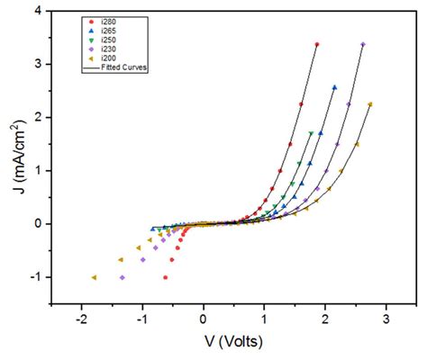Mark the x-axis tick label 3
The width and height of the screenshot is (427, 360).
386,319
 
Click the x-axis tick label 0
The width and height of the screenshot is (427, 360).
203,319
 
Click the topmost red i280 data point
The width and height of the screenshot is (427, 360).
317,44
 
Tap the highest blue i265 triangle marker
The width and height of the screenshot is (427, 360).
334,87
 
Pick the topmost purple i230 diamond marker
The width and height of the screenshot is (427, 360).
362,44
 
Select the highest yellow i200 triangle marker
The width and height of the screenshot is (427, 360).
370,104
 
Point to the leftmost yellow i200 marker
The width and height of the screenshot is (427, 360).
93,277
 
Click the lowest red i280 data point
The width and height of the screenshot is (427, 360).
165,277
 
